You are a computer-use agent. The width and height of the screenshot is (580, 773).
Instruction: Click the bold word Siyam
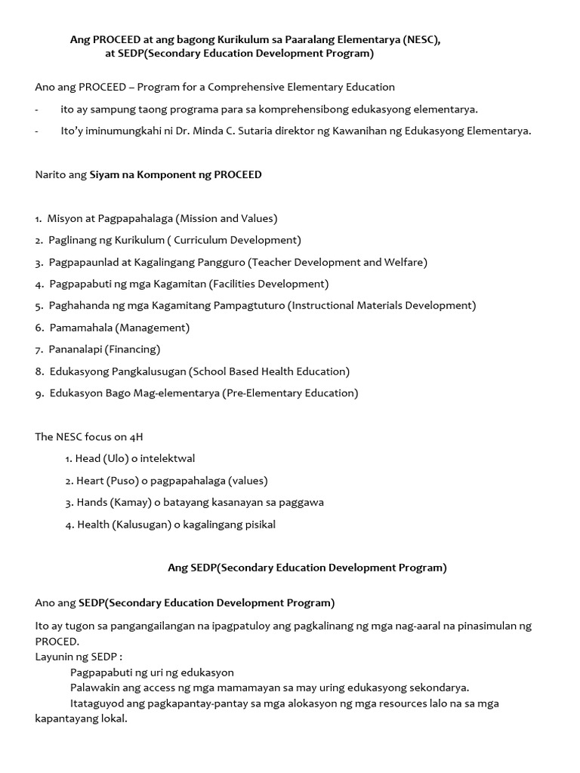(105, 174)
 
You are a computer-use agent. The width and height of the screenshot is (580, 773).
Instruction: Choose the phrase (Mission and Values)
(227, 218)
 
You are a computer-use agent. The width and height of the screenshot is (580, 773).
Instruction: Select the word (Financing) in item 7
(133, 350)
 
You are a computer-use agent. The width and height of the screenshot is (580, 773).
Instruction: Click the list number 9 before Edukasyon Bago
(38, 393)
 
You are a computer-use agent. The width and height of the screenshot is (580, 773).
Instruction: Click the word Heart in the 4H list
(90, 480)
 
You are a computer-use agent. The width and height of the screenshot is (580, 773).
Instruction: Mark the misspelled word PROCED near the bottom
(57, 641)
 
